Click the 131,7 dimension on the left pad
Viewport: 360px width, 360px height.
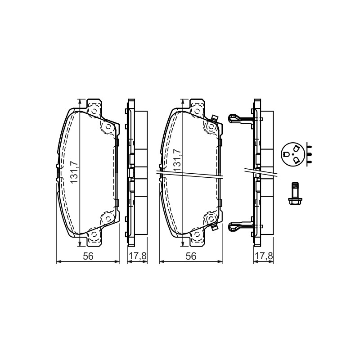[x=74, y=172]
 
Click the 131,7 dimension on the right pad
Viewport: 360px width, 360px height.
[x=177, y=160]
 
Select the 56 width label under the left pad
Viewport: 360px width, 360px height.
[x=88, y=256]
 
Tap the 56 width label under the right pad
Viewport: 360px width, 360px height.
[x=191, y=256]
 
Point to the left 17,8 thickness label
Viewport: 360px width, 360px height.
[x=137, y=256]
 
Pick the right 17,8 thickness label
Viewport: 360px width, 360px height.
[x=264, y=256]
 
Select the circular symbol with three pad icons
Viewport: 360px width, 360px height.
[x=292, y=154]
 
